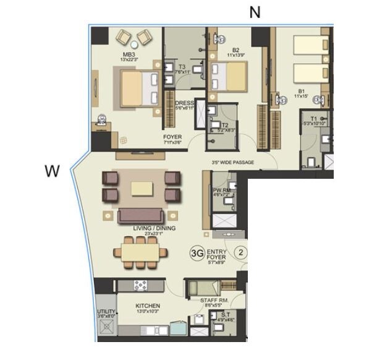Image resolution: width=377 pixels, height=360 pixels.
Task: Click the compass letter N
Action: [x=255, y=12]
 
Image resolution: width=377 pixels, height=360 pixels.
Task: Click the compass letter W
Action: [x=53, y=171]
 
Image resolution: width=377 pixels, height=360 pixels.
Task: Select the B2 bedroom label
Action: [x=235, y=50]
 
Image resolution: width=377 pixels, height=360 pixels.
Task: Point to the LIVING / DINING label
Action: [x=154, y=228]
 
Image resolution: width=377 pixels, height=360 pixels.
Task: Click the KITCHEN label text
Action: [x=148, y=306]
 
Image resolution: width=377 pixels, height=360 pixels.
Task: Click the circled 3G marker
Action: [x=197, y=253]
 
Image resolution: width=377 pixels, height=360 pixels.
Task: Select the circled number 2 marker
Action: [x=242, y=252]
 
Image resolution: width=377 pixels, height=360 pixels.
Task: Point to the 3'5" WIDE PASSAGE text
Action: [x=232, y=163]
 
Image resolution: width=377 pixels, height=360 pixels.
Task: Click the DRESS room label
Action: [x=185, y=103]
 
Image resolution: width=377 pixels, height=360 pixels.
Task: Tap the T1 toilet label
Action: [x=313, y=118]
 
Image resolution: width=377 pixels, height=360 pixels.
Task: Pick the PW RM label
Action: [x=221, y=191]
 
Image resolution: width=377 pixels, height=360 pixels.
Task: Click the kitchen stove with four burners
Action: [x=140, y=285]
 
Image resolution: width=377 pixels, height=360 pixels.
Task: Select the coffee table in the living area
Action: [x=143, y=187]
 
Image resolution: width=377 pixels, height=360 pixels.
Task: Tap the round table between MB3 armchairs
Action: [x=135, y=45]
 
